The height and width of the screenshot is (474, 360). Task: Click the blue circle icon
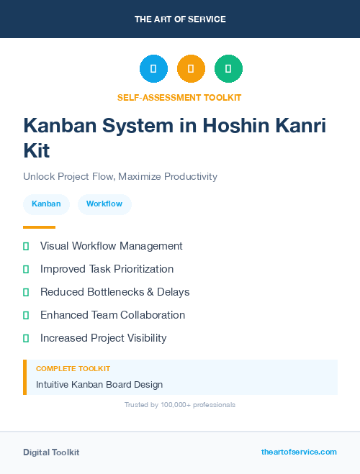153,69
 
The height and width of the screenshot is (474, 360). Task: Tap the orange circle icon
191,69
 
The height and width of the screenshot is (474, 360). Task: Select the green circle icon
228,69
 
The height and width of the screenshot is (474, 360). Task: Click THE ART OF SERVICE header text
180,19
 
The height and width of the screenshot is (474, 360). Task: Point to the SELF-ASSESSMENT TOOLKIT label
179,97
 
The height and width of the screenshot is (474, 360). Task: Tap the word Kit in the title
37,151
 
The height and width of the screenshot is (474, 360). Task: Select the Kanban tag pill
46,204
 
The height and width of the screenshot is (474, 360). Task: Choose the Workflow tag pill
104,204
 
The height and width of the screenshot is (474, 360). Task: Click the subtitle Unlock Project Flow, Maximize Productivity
120,176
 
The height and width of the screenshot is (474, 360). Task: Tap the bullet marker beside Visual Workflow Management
26,246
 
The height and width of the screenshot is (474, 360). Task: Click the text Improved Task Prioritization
107,269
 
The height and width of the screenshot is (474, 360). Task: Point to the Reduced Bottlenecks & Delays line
114,292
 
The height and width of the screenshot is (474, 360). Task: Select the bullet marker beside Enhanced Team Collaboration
26,315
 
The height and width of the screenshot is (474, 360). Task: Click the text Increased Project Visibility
103,338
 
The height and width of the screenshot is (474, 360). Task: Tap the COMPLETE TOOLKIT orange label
73,369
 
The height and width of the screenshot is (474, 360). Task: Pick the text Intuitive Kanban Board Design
99,385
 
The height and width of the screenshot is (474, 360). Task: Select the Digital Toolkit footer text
51,452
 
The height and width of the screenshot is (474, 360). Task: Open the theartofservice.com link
299,452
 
